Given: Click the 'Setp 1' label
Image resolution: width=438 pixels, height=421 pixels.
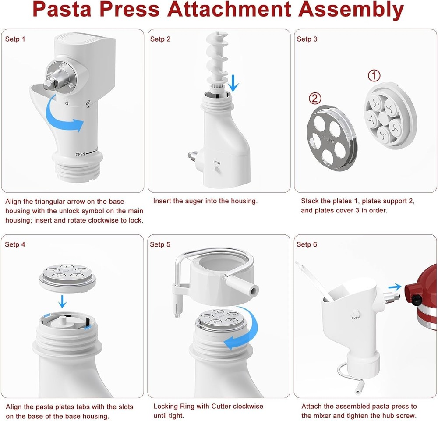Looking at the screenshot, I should [x=15, y=39].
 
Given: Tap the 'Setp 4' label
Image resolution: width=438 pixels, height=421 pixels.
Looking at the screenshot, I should [x=15, y=244].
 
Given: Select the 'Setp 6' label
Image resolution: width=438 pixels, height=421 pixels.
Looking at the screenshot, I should [x=307, y=244].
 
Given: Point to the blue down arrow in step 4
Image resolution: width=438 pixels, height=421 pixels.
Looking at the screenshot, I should [x=63, y=301].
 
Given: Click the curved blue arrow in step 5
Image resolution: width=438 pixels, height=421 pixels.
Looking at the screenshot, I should [x=245, y=333].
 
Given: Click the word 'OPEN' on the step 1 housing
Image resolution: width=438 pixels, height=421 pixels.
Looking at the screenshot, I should [x=80, y=155].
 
